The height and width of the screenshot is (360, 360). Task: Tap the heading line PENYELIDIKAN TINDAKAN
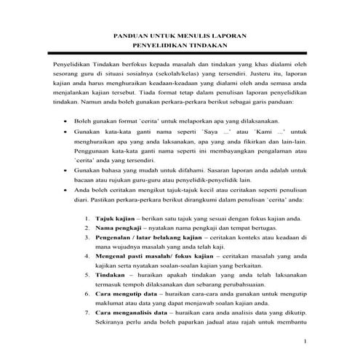[x=180, y=47]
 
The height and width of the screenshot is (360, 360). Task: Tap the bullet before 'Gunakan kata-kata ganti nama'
[x=67, y=133]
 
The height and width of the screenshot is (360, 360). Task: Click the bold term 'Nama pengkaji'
[x=115, y=228]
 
